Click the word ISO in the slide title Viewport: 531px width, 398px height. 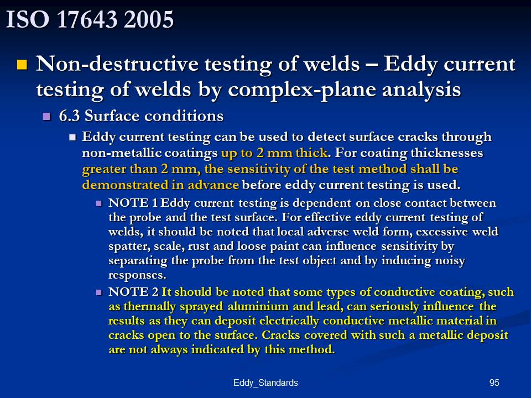tap(28, 19)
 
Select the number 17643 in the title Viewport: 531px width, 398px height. tap(87, 19)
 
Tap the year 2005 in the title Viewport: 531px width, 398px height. tap(149, 19)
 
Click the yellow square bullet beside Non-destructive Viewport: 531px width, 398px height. tap(22, 64)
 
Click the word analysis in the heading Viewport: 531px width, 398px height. tap(421, 90)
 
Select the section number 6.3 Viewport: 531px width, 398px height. tap(70, 116)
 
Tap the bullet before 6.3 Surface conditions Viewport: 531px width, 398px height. tap(46, 117)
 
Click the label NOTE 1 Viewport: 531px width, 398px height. tap(133, 203)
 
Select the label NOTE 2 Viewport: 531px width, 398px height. tap(133, 292)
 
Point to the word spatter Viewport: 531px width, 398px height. tap(129, 247)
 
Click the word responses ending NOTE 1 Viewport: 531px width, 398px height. tap(137, 275)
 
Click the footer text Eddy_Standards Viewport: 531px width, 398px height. tap(265, 383)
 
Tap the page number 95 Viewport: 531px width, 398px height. tap(494, 383)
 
